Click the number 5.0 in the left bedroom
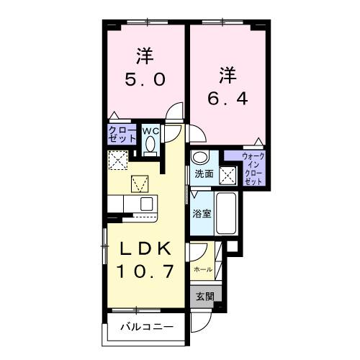pyautogui.click(x=145, y=78)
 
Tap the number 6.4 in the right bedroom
pyautogui.click(x=228, y=97)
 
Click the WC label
pyautogui.click(x=150, y=131)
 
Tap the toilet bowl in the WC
pyautogui.click(x=150, y=145)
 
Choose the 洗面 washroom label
pyautogui.click(x=204, y=174)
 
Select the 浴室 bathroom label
pyautogui.click(x=201, y=213)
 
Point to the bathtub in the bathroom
pyautogui.click(x=226, y=213)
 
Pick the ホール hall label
pyautogui.click(x=202, y=269)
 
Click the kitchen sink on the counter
pyautogui.click(x=146, y=203)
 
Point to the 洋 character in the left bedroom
pyautogui.click(x=145, y=54)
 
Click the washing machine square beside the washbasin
pyautogui.click(x=228, y=174)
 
